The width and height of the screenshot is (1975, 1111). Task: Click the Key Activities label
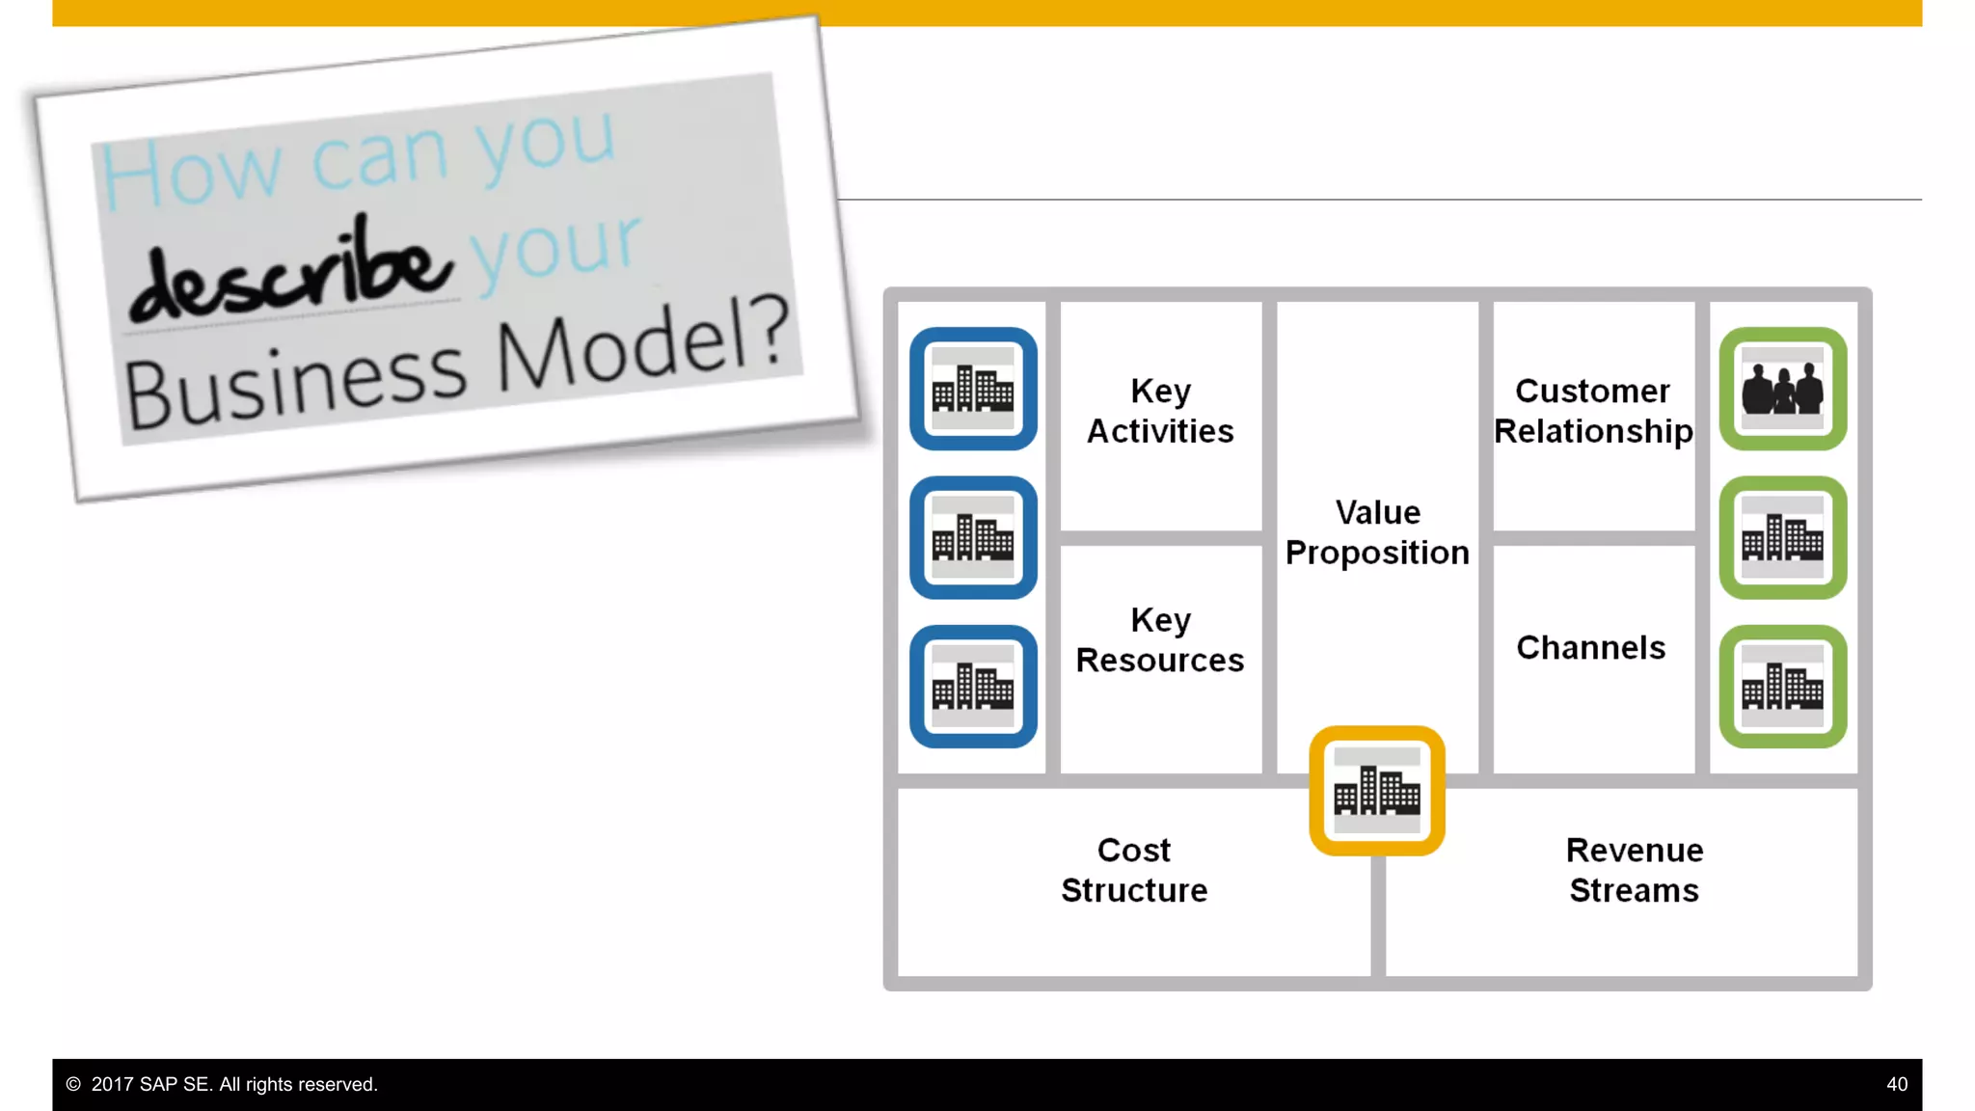click(x=1160, y=411)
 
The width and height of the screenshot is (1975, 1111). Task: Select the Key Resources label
click(x=1160, y=640)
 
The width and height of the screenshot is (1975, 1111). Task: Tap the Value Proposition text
click(x=1377, y=532)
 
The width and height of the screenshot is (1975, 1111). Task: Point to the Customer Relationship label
click(x=1593, y=411)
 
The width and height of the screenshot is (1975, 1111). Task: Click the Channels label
click(x=1591, y=648)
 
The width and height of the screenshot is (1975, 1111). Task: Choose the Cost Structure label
click(x=1134, y=870)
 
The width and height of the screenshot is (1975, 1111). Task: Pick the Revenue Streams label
click(x=1635, y=870)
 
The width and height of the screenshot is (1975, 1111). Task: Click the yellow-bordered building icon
click(x=1377, y=791)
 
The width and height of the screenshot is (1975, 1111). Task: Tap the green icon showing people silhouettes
click(x=1783, y=389)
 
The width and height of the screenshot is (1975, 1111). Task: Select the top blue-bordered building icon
click(x=973, y=389)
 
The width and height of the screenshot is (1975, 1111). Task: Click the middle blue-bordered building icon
click(x=973, y=537)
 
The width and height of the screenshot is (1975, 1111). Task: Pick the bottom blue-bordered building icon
click(x=973, y=687)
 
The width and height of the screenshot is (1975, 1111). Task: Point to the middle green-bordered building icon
click(x=1783, y=537)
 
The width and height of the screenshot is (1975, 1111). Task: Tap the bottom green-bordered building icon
click(x=1783, y=687)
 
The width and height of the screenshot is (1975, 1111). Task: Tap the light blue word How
click(x=190, y=174)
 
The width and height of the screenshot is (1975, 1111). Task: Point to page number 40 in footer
click(x=1896, y=1085)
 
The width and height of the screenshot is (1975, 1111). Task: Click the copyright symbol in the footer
click(x=73, y=1085)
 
